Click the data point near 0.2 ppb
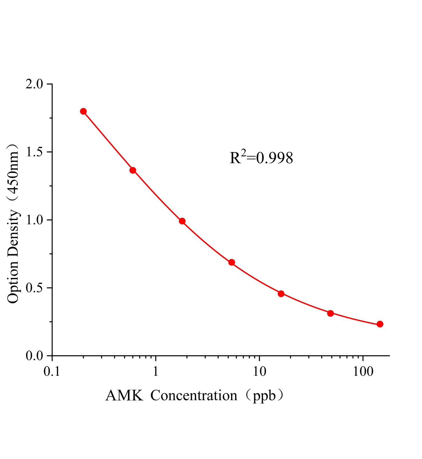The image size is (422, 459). (x=83, y=111)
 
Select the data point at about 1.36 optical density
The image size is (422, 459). (x=133, y=170)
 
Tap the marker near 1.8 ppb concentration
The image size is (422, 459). (x=182, y=221)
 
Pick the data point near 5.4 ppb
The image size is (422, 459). (x=232, y=262)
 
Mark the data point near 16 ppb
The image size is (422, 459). (x=281, y=293)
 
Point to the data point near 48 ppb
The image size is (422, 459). (x=330, y=313)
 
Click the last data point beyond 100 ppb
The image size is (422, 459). (x=380, y=324)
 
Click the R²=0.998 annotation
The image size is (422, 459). (x=261, y=157)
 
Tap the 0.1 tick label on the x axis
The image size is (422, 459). (x=52, y=372)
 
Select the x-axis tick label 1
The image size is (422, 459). (x=156, y=372)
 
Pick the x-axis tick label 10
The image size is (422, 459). (x=259, y=372)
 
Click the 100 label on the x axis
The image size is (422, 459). (x=363, y=372)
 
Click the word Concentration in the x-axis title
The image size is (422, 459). (x=194, y=396)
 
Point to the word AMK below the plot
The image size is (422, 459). (x=124, y=396)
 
